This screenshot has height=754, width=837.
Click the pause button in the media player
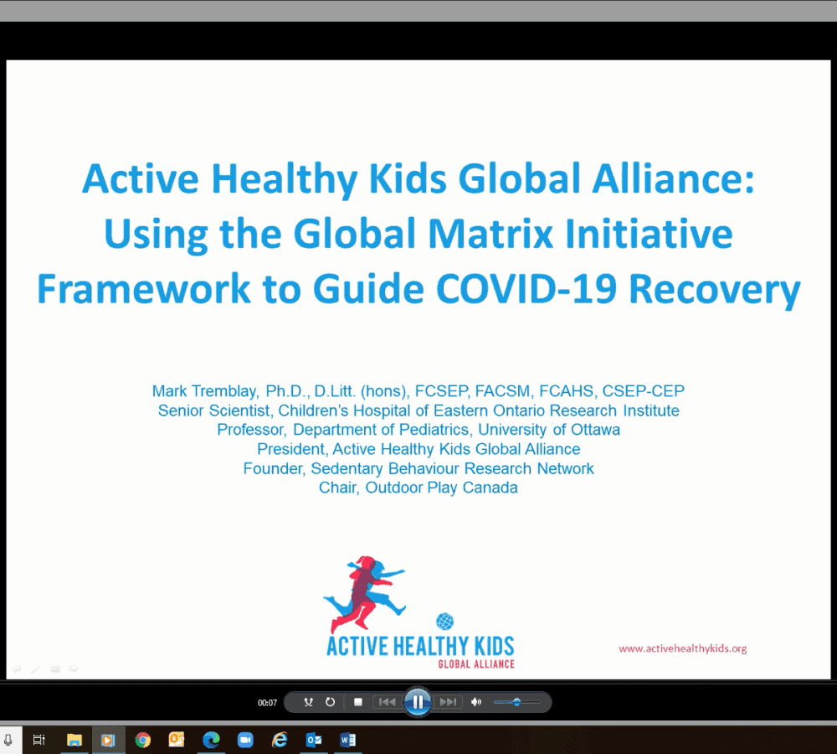pyautogui.click(x=418, y=701)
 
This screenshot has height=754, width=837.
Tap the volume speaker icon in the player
pyautogui.click(x=476, y=701)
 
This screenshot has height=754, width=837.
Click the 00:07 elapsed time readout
pyautogui.click(x=268, y=703)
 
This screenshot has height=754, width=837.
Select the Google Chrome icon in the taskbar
pyautogui.click(x=142, y=740)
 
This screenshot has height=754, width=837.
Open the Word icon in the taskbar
pyautogui.click(x=347, y=740)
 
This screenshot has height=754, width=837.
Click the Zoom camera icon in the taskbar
pyautogui.click(x=245, y=740)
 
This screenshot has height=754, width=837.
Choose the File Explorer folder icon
pyautogui.click(x=74, y=740)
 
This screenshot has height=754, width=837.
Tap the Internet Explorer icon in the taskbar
pyautogui.click(x=280, y=740)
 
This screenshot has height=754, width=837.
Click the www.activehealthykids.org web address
pyautogui.click(x=683, y=648)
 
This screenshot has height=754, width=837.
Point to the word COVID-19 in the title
pyautogui.click(x=526, y=289)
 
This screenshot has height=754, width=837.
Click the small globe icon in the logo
pyautogui.click(x=444, y=622)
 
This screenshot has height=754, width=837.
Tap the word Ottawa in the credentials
pyautogui.click(x=595, y=430)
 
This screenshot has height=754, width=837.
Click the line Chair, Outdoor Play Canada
pyautogui.click(x=418, y=488)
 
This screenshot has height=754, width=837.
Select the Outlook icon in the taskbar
pyautogui.click(x=313, y=740)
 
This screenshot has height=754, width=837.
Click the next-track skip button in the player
pyautogui.click(x=448, y=701)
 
